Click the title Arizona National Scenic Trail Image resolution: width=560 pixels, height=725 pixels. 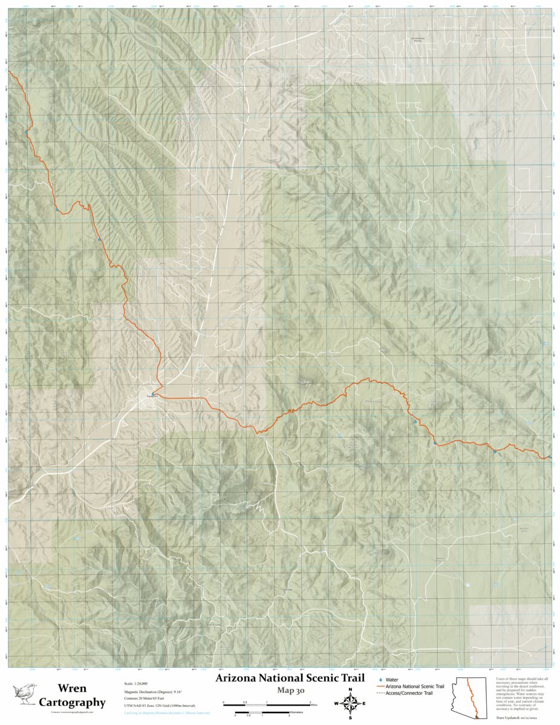point(290,678)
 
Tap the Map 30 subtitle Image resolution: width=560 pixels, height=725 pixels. point(290,690)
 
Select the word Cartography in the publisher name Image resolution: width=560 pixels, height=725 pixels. point(72,702)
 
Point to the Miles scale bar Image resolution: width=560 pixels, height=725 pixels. point(267,704)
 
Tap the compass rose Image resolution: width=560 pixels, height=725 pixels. point(350,703)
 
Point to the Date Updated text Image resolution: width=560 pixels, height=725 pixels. point(524,718)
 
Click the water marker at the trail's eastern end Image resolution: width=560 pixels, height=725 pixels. point(549,457)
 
